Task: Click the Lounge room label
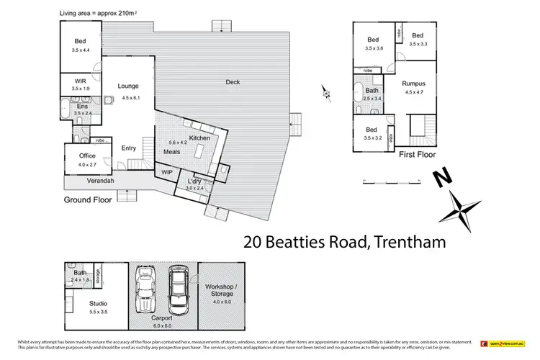128,86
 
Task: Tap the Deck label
233,82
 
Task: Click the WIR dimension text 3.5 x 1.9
82,89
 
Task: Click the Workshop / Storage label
220,291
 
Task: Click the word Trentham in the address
406,242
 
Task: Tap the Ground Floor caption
88,199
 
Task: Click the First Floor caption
416,154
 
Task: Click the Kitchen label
199,138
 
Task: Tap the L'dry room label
194,181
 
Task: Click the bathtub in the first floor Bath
359,93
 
